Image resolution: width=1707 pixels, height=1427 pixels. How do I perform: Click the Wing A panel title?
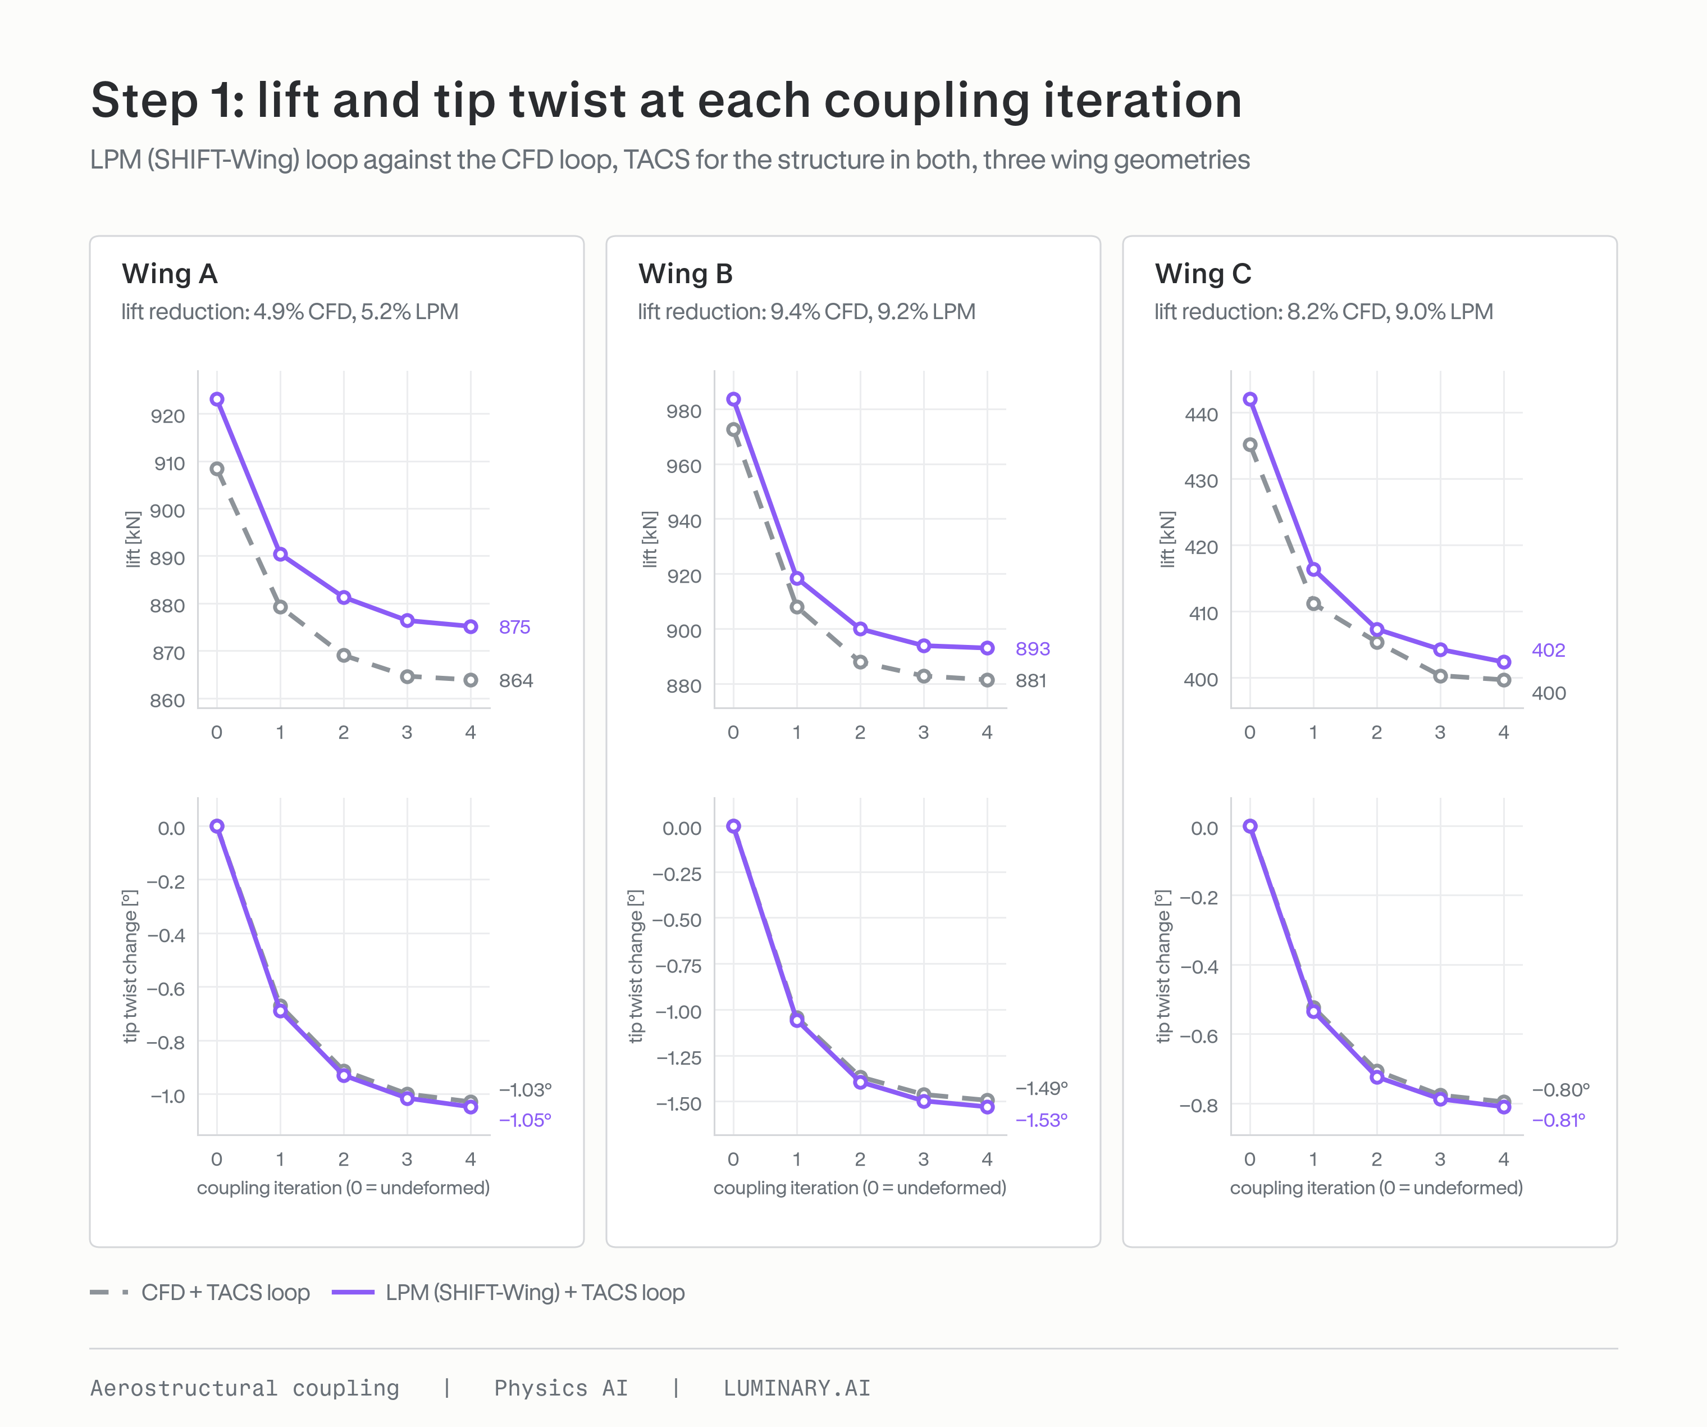(x=170, y=274)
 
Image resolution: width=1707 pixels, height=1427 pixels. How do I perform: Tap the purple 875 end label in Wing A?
(x=514, y=627)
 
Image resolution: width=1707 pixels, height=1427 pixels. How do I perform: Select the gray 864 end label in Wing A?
(x=516, y=680)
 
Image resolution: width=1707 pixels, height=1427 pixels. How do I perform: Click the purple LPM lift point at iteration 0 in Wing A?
(x=217, y=399)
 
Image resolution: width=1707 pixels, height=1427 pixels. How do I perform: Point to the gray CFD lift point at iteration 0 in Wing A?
(x=217, y=469)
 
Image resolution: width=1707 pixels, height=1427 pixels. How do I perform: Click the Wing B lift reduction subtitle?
(x=806, y=312)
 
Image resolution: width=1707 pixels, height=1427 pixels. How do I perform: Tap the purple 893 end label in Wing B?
(x=1032, y=649)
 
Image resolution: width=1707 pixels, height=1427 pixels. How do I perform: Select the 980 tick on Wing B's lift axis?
(x=683, y=411)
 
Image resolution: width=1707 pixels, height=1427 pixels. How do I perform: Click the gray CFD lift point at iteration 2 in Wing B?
(x=860, y=662)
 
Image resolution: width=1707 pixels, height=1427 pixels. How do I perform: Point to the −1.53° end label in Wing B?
(x=1041, y=1120)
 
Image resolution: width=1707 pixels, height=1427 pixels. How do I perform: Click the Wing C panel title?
(x=1203, y=274)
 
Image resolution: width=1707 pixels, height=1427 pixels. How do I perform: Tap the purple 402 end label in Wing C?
(x=1549, y=651)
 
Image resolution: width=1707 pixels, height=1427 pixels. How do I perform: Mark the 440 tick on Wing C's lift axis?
(x=1202, y=415)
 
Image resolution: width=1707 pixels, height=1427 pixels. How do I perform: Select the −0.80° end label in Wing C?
(x=1560, y=1089)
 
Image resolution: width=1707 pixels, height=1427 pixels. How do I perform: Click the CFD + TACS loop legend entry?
(x=200, y=1293)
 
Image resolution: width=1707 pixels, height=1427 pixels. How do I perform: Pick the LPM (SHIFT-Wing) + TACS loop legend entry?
(x=509, y=1293)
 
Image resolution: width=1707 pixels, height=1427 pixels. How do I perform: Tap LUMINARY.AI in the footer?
(x=797, y=1388)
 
